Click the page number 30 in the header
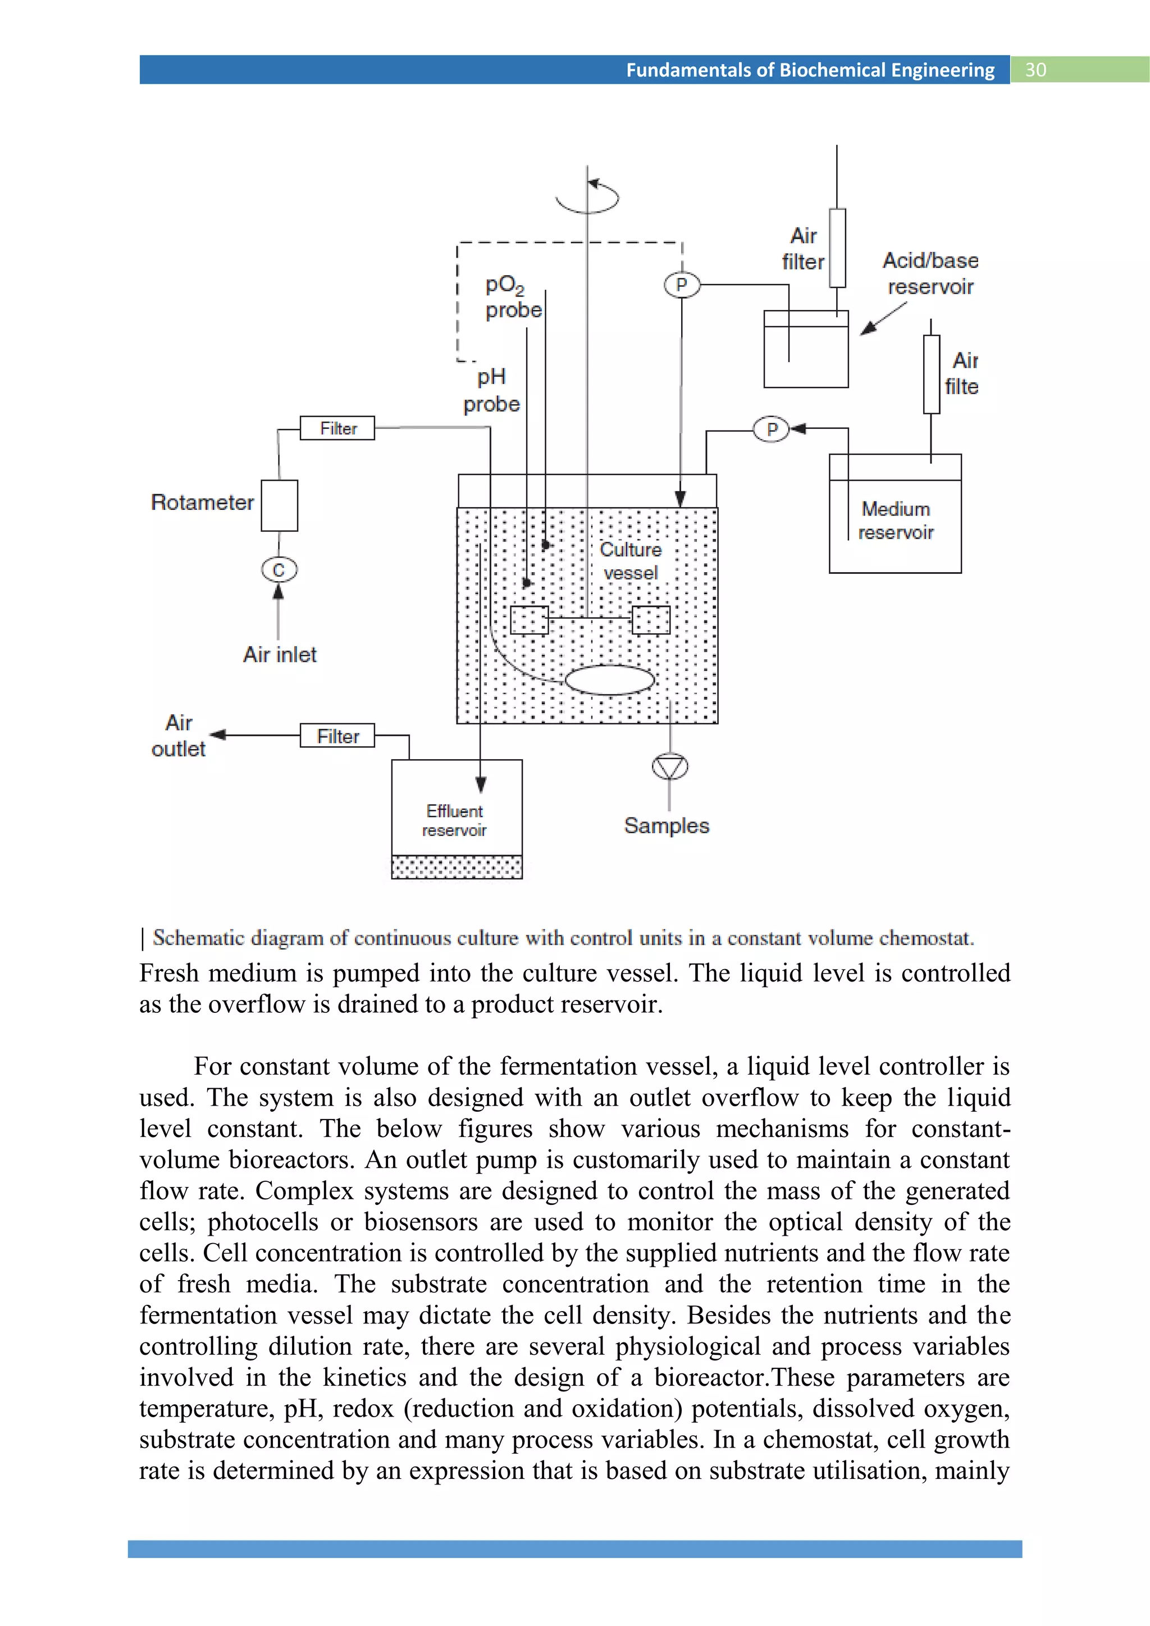pyautogui.click(x=1035, y=70)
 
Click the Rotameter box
pyautogui.click(x=279, y=506)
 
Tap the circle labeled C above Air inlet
pyautogui.click(x=279, y=569)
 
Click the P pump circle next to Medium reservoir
pyautogui.click(x=771, y=428)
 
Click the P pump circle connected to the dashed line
pyautogui.click(x=681, y=285)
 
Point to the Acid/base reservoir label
pyautogui.click(x=930, y=273)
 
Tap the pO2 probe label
pyautogui.click(x=513, y=298)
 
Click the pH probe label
pyautogui.click(x=491, y=390)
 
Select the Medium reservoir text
pyautogui.click(x=896, y=520)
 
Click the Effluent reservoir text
pyautogui.click(x=455, y=820)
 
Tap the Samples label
pyautogui.click(x=667, y=826)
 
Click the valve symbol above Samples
pyautogui.click(x=669, y=766)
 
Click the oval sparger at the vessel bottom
pyautogui.click(x=610, y=680)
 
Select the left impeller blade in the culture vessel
pyautogui.click(x=529, y=620)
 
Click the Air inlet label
pyautogui.click(x=280, y=654)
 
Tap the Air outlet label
pyautogui.click(x=179, y=736)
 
